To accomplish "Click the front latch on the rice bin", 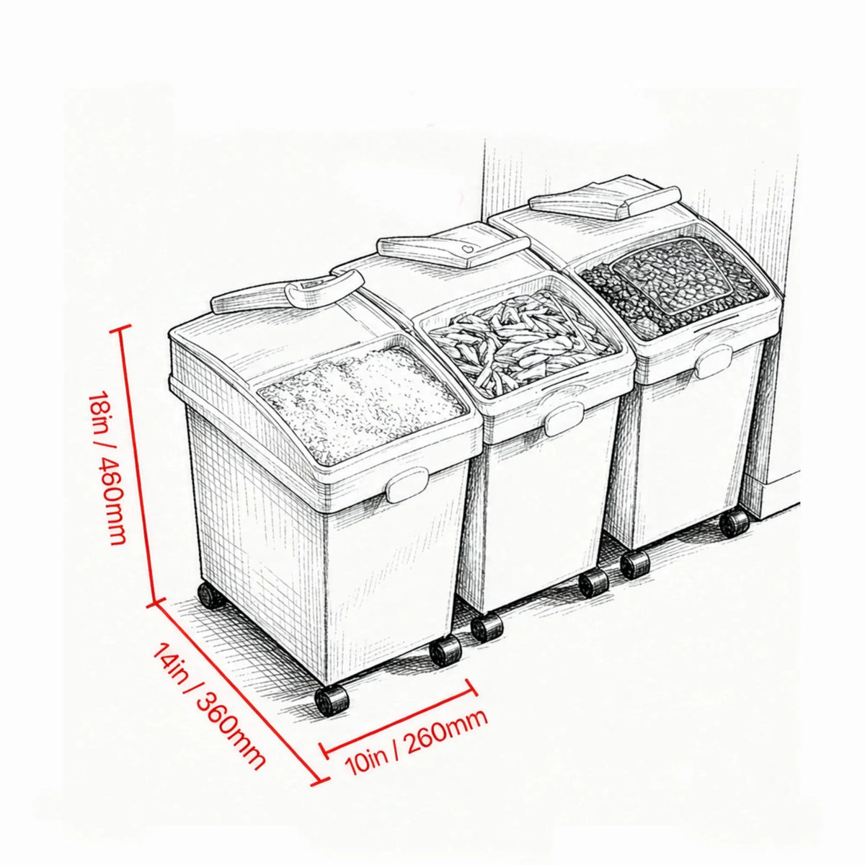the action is pos(407,484).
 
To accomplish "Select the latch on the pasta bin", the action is pos(564,419).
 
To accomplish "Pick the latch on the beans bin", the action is pos(714,361).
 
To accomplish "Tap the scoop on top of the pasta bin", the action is pos(453,252).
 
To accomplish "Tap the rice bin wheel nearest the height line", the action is pos(211,595).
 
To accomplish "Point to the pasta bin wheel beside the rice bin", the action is pos(487,627).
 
